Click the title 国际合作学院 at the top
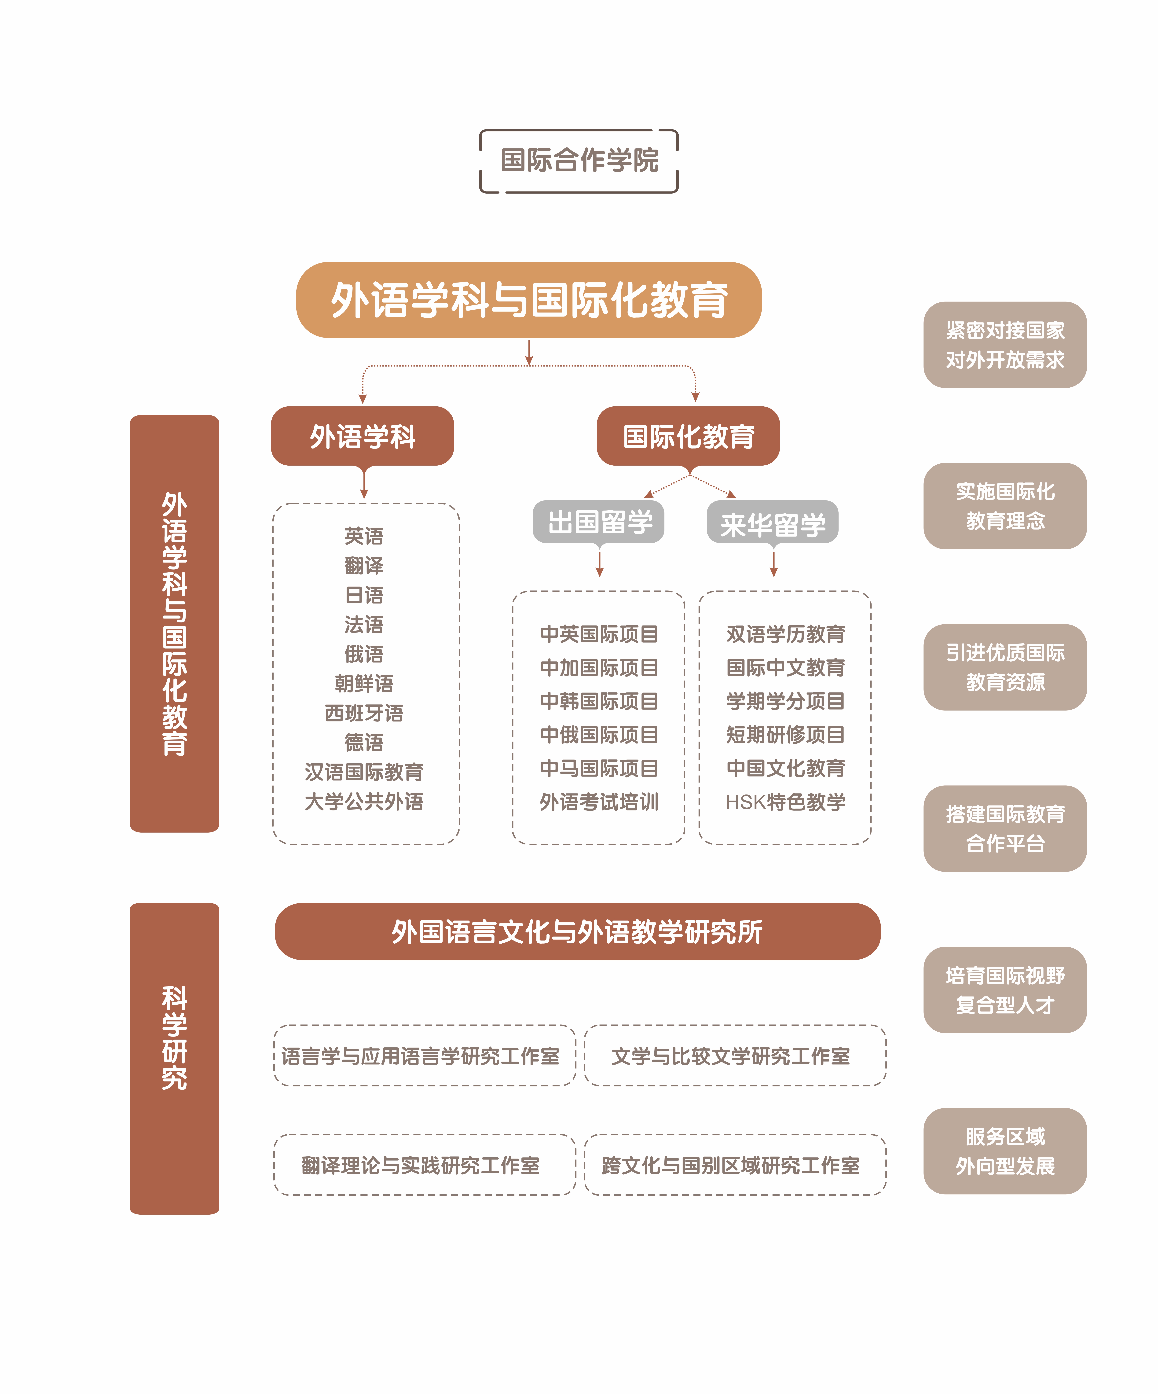[x=579, y=161]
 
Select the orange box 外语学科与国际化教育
[x=529, y=300]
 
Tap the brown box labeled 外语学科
[x=362, y=436]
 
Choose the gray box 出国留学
[x=599, y=522]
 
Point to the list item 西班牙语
[x=364, y=713]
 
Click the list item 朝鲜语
[x=364, y=683]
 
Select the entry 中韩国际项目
[x=599, y=701]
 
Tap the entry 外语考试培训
[x=599, y=802]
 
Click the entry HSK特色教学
[x=785, y=802]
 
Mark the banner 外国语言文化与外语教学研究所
[x=577, y=931]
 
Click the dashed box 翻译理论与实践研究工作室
[x=425, y=1165]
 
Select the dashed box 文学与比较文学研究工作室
[x=735, y=1056]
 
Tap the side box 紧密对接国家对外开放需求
[x=1005, y=345]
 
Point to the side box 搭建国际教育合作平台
[x=1005, y=828]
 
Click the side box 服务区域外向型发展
[x=1005, y=1151]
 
